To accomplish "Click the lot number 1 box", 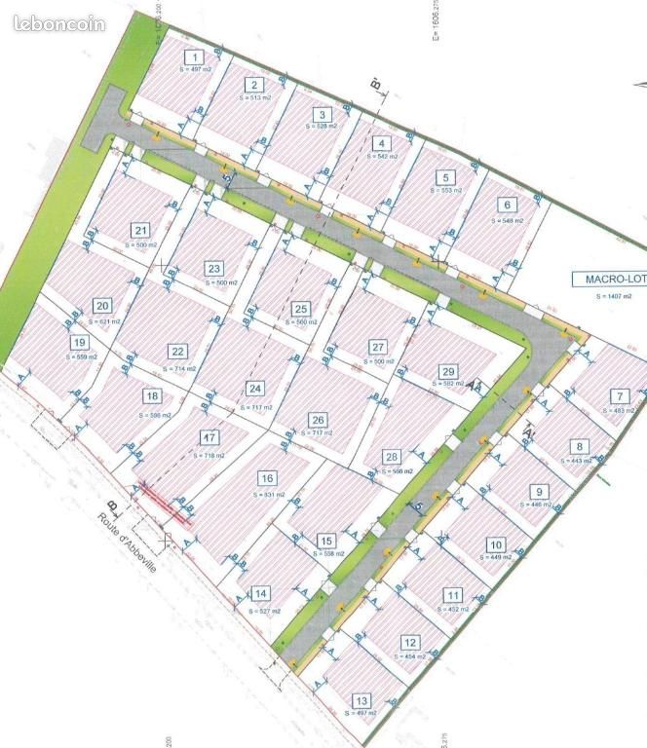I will tap(196, 58).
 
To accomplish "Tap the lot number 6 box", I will tap(506, 206).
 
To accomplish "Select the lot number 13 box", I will tap(362, 701).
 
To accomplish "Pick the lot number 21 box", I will tap(139, 230).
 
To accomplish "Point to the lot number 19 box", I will tap(79, 343).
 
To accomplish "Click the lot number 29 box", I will tap(448, 371).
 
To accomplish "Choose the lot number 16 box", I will tap(266, 478).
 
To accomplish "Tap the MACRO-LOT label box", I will tap(608, 279).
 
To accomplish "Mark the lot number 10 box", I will tap(496, 545).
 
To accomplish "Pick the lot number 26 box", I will tap(318, 420).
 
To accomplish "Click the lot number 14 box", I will tap(260, 593).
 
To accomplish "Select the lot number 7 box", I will tap(620, 396).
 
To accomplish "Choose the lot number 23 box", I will tap(214, 269).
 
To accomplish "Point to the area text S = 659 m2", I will tap(81, 357).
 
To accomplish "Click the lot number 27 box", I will tap(378, 348).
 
